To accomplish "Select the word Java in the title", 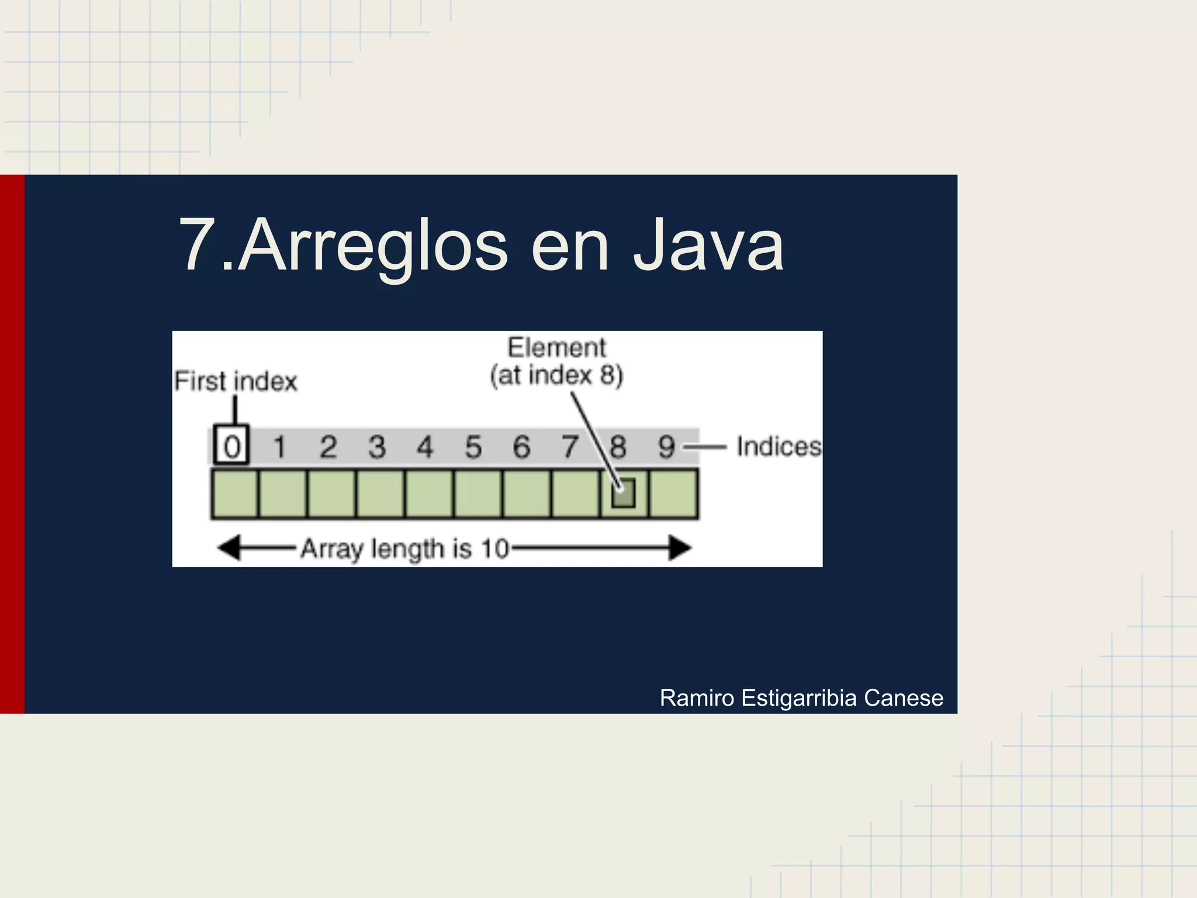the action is (708, 246).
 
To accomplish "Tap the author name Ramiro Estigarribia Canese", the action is (801, 698).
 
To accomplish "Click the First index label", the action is (236, 381).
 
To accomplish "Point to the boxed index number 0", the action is (232, 447).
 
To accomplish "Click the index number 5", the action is (473, 447).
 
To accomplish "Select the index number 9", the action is (667, 447).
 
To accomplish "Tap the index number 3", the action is (377, 447).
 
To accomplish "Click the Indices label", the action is (779, 447).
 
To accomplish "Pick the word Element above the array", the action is (557, 348).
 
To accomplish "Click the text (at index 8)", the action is (557, 375).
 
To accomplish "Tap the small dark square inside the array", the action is (624, 493).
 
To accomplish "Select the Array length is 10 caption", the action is (405, 549).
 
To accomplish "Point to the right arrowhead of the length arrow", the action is (680, 548).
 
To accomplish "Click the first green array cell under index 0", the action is (235, 494).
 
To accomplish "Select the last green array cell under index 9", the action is (673, 494).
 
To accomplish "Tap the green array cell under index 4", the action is (429, 494).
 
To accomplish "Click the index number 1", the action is (280, 447).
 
